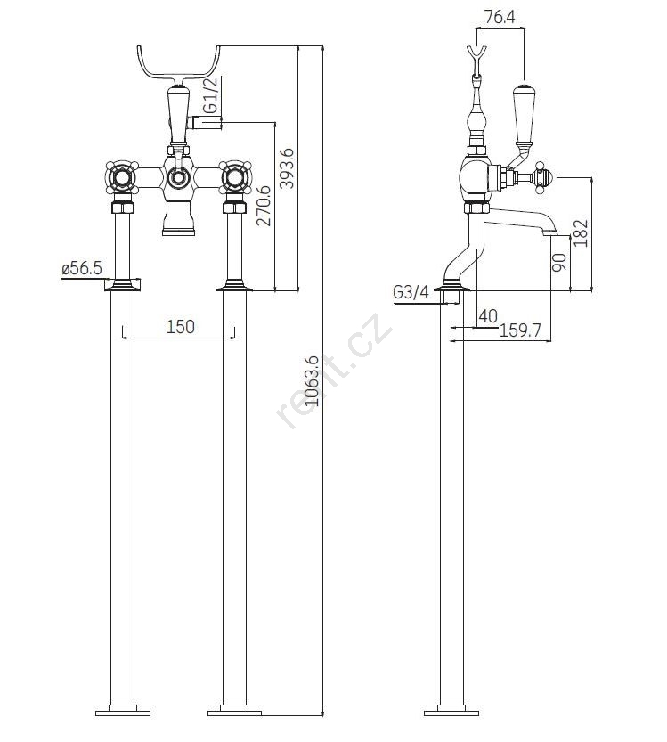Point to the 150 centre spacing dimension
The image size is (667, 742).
[180, 327]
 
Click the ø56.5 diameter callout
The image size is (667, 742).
[82, 268]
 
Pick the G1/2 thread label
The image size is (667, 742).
[210, 95]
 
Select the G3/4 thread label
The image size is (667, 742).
[411, 292]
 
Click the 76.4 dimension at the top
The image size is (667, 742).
[500, 16]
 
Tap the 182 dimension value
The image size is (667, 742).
[582, 233]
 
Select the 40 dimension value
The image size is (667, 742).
[488, 315]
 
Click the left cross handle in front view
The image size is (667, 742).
[120, 180]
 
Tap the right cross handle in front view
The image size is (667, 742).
[236, 180]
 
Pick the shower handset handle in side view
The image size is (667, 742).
[524, 116]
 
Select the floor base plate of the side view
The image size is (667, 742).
[452, 711]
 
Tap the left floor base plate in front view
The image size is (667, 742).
[121, 711]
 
